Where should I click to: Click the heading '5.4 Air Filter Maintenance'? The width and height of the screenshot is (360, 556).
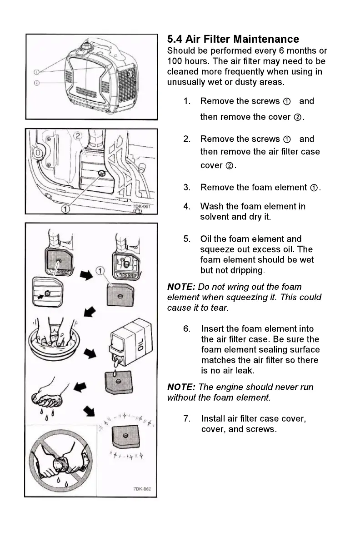(x=233, y=39)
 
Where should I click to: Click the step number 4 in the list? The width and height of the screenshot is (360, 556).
(x=187, y=207)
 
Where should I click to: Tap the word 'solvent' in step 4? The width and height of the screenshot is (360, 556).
(x=215, y=217)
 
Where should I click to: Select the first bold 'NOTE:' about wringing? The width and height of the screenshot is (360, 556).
(x=181, y=287)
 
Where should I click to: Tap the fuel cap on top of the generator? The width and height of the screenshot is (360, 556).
(x=85, y=46)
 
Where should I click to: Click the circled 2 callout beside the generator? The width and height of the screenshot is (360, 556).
(x=37, y=83)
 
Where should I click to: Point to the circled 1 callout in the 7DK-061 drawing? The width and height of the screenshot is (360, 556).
(x=66, y=208)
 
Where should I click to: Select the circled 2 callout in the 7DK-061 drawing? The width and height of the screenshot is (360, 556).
(x=78, y=135)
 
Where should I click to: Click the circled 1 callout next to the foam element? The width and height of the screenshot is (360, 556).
(x=100, y=271)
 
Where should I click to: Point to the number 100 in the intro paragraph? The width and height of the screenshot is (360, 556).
(x=175, y=61)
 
